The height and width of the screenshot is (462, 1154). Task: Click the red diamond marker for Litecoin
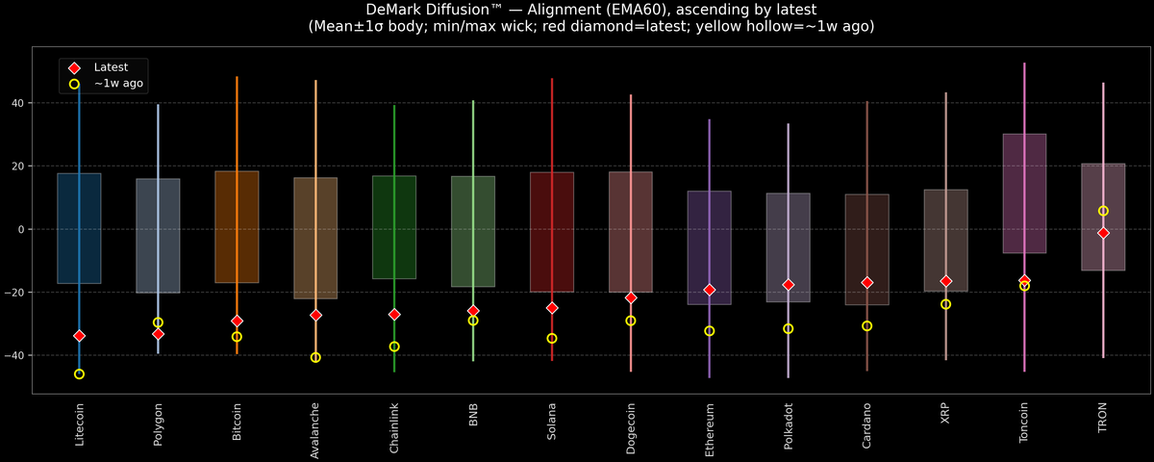pyautogui.click(x=79, y=336)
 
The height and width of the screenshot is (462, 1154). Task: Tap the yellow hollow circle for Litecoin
pyautogui.click(x=79, y=373)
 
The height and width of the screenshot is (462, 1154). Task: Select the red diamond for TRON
pyautogui.click(x=1103, y=233)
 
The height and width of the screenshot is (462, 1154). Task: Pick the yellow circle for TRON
pyautogui.click(x=1103, y=211)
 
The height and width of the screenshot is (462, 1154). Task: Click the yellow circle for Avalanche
pyautogui.click(x=315, y=357)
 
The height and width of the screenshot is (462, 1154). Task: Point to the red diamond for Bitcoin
pyautogui.click(x=237, y=321)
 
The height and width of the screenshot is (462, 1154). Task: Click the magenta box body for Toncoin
pyautogui.click(x=1024, y=192)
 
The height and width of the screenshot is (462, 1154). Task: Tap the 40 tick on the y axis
pyautogui.click(x=21, y=103)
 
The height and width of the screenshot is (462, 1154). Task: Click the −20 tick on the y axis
pyautogui.click(x=18, y=293)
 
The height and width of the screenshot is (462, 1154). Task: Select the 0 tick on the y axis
pyautogui.click(x=24, y=229)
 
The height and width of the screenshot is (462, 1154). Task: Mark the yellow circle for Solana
pyautogui.click(x=552, y=338)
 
